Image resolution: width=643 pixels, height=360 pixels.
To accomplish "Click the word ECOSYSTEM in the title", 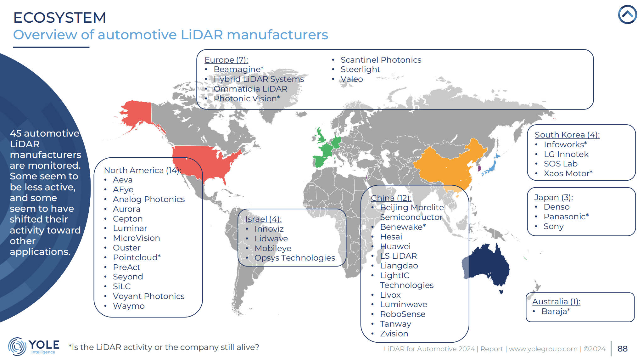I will coord(59,18).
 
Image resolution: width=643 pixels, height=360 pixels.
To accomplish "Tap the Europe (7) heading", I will coord(226,60).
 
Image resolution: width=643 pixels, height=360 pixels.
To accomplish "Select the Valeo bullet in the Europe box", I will coord(351,79).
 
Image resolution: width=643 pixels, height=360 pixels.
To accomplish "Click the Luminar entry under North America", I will coord(130,228).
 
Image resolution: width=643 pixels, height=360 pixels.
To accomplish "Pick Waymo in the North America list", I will coord(129,306).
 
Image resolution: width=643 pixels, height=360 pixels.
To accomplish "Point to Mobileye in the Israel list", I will coord(273,248).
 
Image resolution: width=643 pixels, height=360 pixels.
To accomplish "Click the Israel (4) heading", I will coord(263,219).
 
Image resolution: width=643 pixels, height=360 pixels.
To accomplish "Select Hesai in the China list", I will coord(391,237).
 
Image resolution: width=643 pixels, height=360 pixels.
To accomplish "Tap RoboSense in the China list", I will coord(402,314).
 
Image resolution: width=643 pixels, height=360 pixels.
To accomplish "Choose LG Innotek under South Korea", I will coord(566,154).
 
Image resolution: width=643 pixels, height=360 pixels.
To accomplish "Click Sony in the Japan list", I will coord(553,226).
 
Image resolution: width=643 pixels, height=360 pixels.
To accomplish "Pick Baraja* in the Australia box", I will coord(556,311).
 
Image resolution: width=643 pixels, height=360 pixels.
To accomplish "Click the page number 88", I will coord(622,349).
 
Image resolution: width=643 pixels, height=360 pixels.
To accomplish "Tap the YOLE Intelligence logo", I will coord(34,346).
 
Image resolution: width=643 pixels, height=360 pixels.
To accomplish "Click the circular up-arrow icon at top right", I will coord(627,14).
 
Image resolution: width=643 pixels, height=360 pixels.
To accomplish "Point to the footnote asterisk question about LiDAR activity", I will coord(164,347).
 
